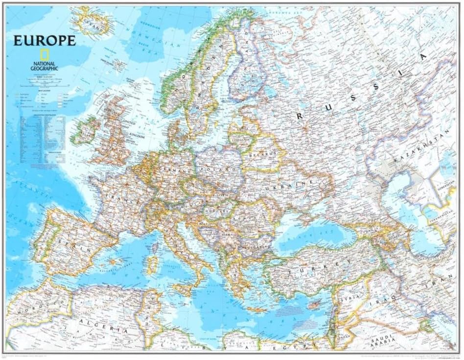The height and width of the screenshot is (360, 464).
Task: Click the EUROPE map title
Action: (x=44, y=40)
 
